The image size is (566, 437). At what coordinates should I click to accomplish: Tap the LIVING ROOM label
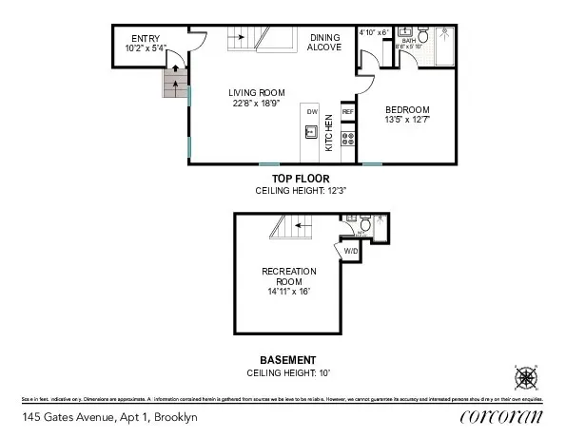coord(254,93)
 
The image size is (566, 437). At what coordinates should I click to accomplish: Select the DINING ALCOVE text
coord(324,42)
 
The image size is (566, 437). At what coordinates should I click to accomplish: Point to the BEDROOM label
coord(407,110)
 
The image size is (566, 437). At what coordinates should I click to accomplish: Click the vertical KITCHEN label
coord(329,133)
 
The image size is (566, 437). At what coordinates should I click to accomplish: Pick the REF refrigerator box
coord(347,111)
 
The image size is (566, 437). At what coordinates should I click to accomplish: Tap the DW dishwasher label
coord(311,111)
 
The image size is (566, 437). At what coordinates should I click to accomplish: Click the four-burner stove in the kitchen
coord(347,140)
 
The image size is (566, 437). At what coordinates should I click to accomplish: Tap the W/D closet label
coord(350,251)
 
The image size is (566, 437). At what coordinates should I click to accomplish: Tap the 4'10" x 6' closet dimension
coord(374,32)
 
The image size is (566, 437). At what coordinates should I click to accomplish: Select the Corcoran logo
coord(500,417)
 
